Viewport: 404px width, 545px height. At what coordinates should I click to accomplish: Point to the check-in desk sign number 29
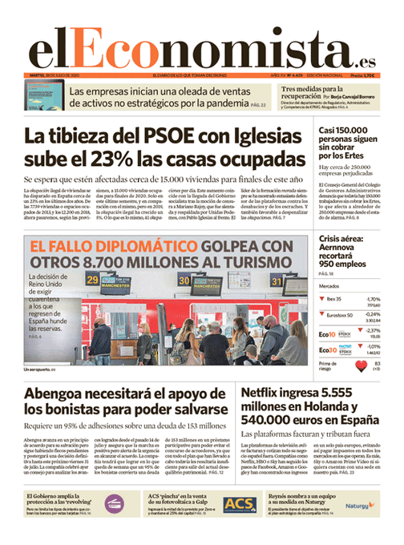(x=93, y=280)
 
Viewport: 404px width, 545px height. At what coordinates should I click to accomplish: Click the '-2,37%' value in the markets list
(x=373, y=330)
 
